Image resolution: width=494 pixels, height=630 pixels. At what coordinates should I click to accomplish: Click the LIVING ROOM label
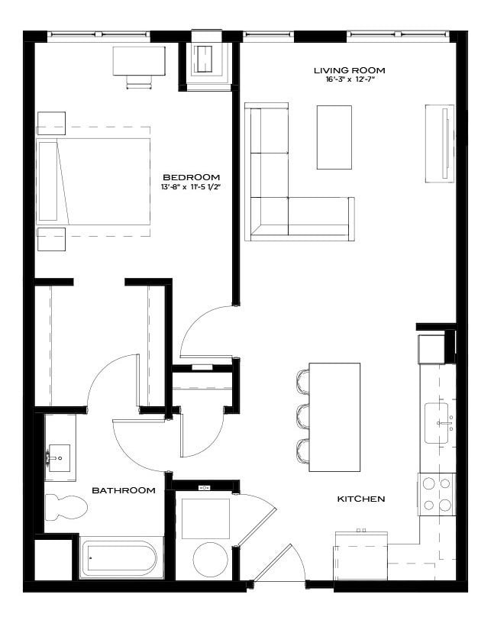[349, 71]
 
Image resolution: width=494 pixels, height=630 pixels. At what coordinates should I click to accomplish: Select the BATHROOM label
[124, 490]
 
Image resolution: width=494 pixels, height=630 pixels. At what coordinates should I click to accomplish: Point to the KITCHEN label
[361, 499]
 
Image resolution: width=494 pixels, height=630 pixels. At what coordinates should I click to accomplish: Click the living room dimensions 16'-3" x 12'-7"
[349, 80]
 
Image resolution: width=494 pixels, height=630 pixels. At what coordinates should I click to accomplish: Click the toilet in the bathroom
[64, 506]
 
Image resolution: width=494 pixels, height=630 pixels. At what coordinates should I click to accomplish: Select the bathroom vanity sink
[59, 458]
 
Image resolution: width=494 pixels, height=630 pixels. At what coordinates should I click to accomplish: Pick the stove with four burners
[436, 493]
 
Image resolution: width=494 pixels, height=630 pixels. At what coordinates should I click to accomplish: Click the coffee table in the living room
[334, 137]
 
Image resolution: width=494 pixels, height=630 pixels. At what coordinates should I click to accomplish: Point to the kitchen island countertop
[335, 417]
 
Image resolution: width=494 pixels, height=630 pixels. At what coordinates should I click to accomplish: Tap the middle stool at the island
[303, 417]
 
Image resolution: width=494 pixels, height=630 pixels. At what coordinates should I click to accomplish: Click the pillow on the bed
[48, 181]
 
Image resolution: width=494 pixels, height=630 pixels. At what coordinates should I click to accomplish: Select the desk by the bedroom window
[139, 61]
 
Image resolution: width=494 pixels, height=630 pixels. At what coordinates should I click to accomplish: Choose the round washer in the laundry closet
[211, 559]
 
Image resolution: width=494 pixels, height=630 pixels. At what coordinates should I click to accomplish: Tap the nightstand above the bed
[51, 123]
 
